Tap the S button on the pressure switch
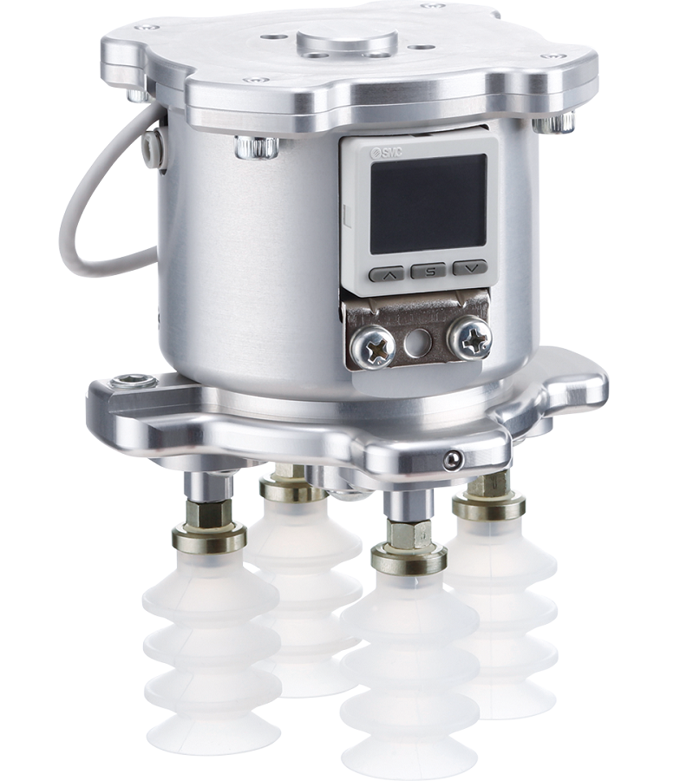point(428,271)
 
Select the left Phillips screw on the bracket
point(374,345)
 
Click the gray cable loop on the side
point(82,217)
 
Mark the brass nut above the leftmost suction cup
point(207,539)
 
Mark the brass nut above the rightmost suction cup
point(488,505)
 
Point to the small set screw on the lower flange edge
point(451,461)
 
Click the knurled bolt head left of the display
point(258,148)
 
